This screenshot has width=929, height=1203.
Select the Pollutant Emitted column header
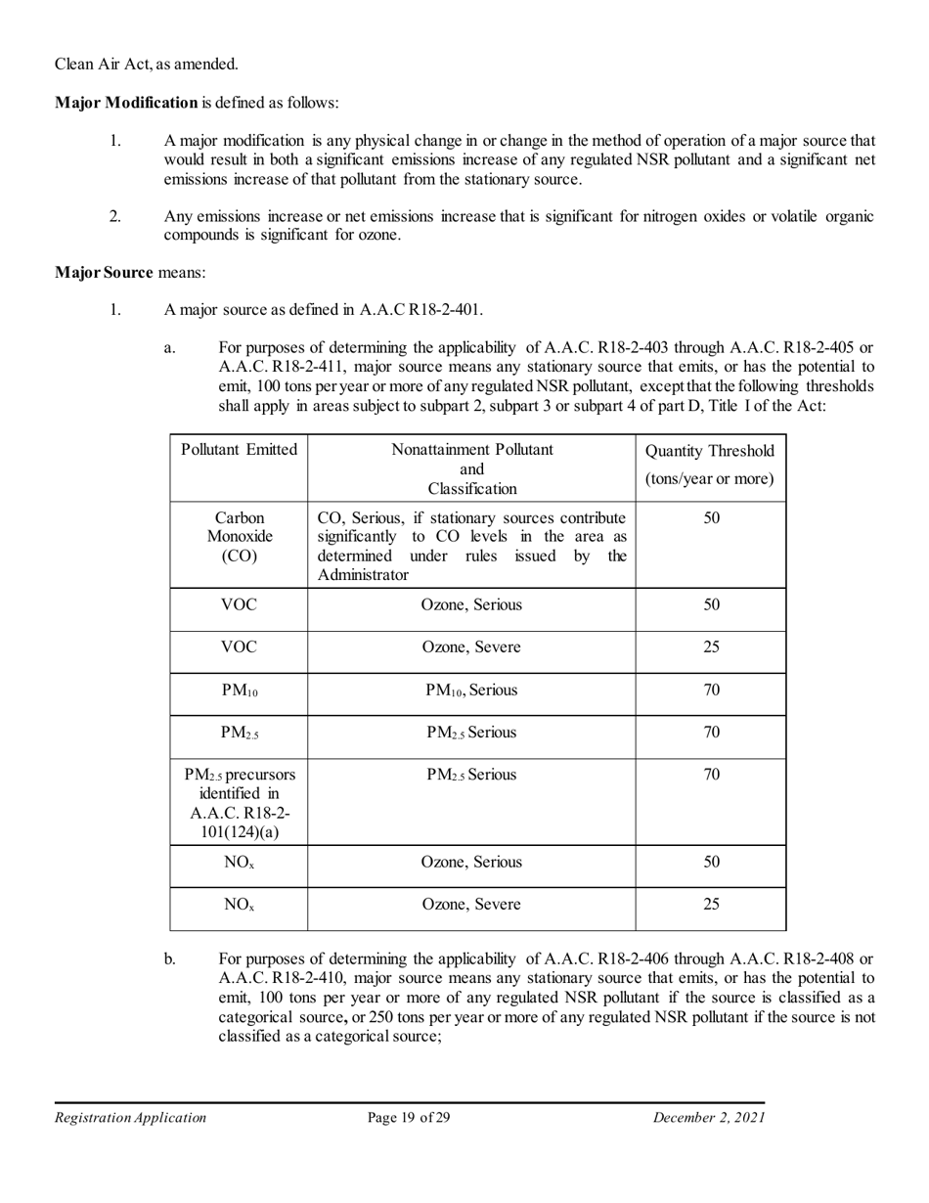[239, 450]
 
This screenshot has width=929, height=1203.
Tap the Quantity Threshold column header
[711, 465]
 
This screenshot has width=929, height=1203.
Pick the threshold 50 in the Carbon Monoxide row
[711, 517]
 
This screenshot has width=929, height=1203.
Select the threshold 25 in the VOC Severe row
[711, 647]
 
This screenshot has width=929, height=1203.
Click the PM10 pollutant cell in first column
[239, 691]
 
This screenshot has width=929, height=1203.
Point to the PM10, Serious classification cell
[471, 691]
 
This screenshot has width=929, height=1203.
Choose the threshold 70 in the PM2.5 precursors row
[711, 775]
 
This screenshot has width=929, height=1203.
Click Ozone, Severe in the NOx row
[471, 905]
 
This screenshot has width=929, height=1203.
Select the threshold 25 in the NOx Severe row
[711, 905]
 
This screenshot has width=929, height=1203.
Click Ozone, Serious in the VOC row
[471, 604]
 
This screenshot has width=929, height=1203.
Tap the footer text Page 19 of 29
[409, 1118]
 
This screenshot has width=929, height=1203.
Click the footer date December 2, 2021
[709, 1118]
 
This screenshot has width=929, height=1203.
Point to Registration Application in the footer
[130, 1118]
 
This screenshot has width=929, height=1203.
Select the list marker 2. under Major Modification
[115, 216]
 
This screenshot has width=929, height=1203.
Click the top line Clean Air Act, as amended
[146, 65]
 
